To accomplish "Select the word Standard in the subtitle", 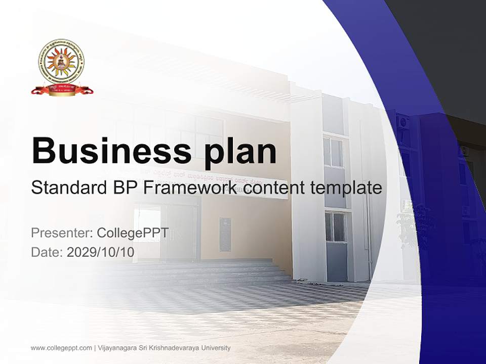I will click(x=65, y=188).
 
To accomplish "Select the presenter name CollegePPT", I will click(x=133, y=233).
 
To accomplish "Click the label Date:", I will click(x=47, y=252).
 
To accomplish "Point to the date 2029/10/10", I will click(x=101, y=252).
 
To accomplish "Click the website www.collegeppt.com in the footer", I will click(x=61, y=348).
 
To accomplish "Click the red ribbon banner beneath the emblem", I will click(x=61, y=90).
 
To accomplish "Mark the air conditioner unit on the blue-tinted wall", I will click(x=403, y=122).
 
